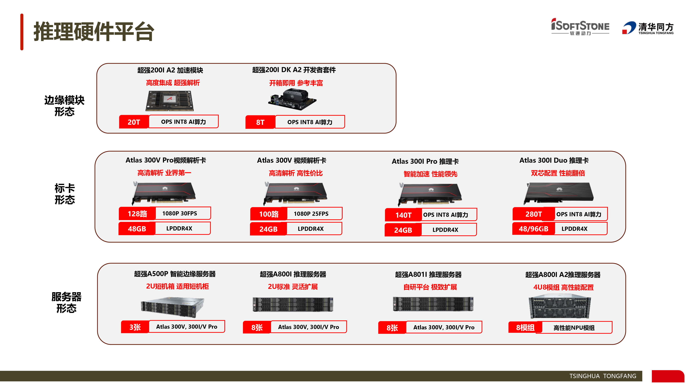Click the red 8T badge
coord(260,122)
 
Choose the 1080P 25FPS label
coord(311,214)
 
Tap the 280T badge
coord(534,214)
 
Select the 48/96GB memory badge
coord(534,229)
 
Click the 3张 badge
coord(135,327)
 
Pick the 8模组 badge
coord(525,327)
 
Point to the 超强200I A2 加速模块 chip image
coord(169,101)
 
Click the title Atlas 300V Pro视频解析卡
coord(166,160)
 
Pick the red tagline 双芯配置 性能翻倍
coord(558,173)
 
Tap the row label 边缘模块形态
coord(64,106)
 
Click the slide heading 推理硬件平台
coord(94,32)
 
